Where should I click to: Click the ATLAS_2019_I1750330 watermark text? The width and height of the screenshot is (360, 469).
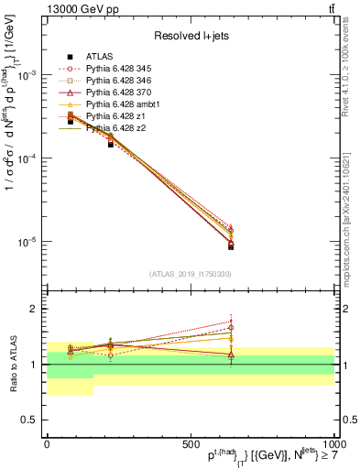click(190, 272)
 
